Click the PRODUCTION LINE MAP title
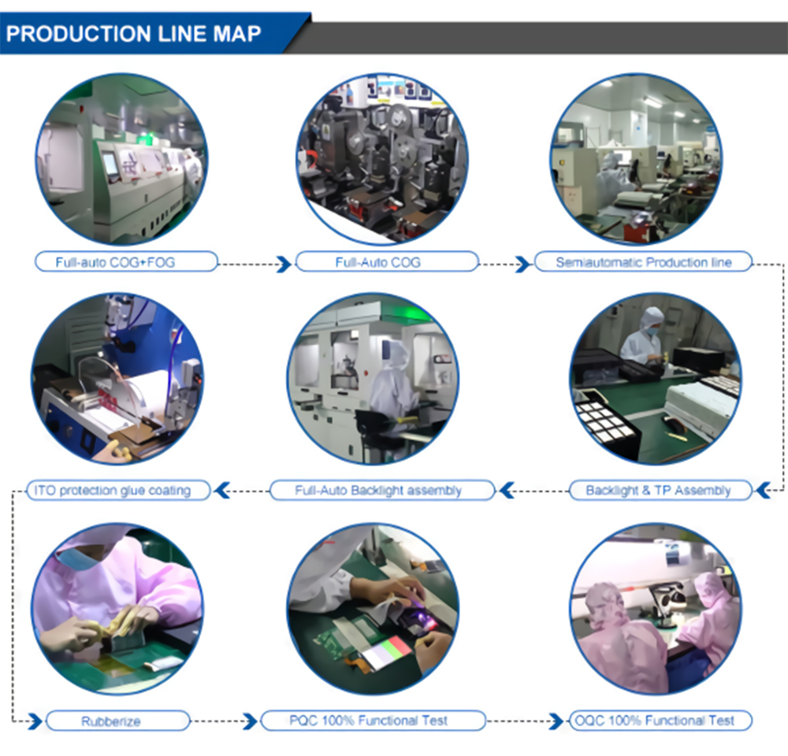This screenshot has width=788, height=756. pyautogui.click(x=134, y=35)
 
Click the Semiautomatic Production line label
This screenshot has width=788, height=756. pyautogui.click(x=643, y=262)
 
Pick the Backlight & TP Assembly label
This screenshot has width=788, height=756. pyautogui.click(x=658, y=491)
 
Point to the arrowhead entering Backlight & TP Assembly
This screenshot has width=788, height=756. pyautogui.click(x=763, y=491)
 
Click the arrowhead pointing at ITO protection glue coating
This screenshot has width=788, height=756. pyautogui.click(x=223, y=491)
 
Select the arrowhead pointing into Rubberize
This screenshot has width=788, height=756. pyautogui.click(x=35, y=721)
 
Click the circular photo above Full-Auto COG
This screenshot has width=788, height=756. pyautogui.click(x=381, y=157)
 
